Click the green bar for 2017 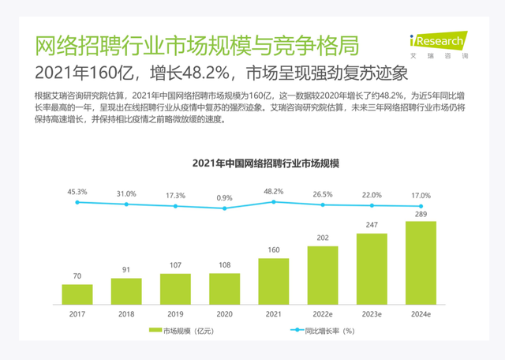coord(77,290)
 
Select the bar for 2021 coord(274,276)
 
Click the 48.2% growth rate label coord(274,192)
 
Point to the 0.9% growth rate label coord(225,197)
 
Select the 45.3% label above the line coord(77,192)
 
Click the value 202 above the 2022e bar coord(323,238)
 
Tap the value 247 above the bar coord(372,225)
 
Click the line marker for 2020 coord(225,208)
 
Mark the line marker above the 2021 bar coord(274,202)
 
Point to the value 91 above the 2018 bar coord(126,269)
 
